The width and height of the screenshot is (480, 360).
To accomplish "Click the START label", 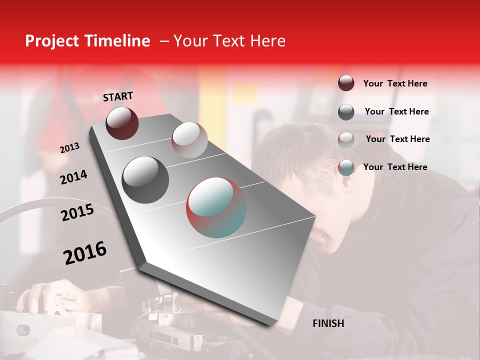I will (x=118, y=96).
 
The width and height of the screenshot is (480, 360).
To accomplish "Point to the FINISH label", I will (x=328, y=323).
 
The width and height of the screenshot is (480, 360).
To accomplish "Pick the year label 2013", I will (x=69, y=148).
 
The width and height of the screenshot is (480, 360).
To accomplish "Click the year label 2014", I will (x=73, y=177).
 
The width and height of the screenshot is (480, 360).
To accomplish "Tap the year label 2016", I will (x=85, y=253).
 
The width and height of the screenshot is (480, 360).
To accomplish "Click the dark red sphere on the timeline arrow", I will (x=122, y=123).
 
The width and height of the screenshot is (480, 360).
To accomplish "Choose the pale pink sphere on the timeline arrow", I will (x=189, y=140).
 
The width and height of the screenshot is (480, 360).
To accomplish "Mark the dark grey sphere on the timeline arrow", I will (x=145, y=180).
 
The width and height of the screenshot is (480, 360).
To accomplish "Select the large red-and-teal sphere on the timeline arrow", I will (x=216, y=207).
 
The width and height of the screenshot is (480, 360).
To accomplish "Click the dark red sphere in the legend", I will (x=346, y=83).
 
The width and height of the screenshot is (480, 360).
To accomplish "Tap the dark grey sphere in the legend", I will (x=346, y=112).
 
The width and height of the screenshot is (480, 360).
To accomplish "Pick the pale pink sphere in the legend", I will (x=346, y=139).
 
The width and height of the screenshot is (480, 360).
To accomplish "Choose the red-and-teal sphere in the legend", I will (x=346, y=167).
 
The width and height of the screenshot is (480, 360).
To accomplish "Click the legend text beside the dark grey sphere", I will (x=396, y=111).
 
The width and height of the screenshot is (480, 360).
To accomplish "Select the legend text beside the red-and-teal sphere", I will (x=395, y=167).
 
